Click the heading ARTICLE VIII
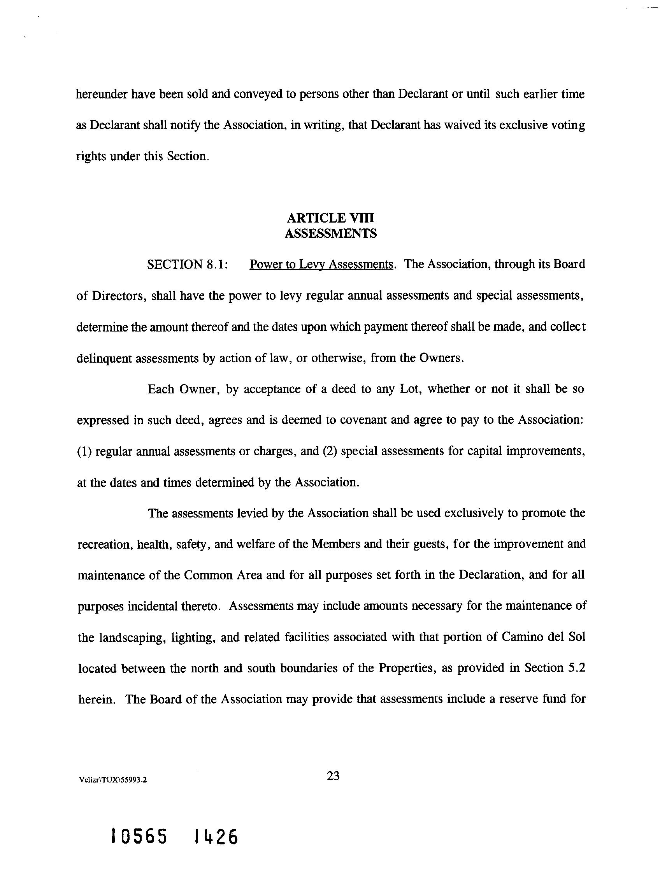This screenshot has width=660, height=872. click(x=330, y=218)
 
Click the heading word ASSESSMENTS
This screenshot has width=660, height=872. click(x=330, y=234)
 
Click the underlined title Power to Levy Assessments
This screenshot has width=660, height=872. click(x=321, y=265)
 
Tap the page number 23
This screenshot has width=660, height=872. click(x=333, y=776)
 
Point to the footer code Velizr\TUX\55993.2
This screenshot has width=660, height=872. click(x=113, y=780)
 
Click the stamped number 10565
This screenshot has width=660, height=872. click(x=139, y=837)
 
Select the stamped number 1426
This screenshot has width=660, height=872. click(x=216, y=837)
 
